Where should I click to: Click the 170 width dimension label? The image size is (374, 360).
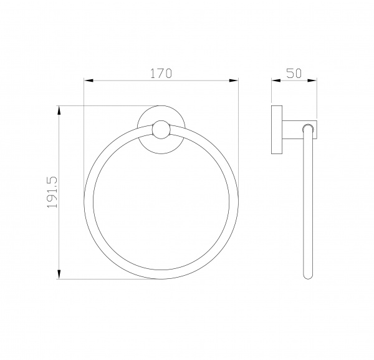(x=161, y=73)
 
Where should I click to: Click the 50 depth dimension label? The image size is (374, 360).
(x=294, y=73)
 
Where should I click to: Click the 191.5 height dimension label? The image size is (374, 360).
(x=52, y=192)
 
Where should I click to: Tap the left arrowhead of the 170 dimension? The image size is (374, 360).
(x=89, y=80)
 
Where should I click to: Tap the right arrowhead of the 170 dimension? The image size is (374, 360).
(x=234, y=80)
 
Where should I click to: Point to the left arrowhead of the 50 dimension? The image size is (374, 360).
(x=276, y=80)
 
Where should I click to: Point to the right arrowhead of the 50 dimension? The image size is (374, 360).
(x=312, y=80)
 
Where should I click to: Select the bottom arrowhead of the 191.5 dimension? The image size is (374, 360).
(x=59, y=275)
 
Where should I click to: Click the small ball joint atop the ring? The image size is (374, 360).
(x=161, y=130)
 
